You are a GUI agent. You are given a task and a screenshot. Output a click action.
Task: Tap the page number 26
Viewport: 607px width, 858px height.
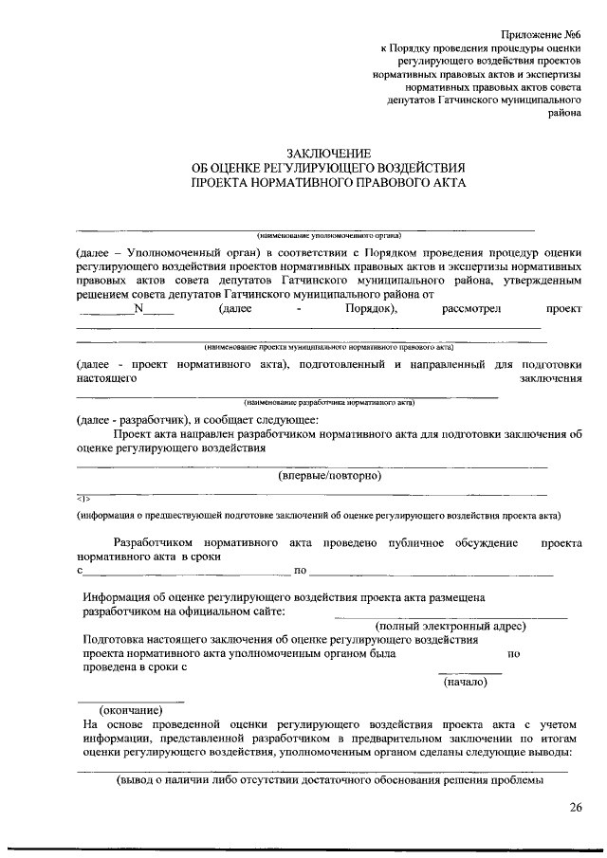pos(576,808)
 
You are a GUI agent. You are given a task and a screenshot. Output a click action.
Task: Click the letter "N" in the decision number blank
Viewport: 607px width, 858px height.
pos(138,308)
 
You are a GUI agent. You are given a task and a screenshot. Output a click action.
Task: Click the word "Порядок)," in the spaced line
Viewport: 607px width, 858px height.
pos(365,308)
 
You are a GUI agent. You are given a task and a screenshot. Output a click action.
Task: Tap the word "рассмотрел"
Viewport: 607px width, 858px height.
pos(471,308)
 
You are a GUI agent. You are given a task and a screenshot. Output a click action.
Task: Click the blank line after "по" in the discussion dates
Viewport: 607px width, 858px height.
pos(432,573)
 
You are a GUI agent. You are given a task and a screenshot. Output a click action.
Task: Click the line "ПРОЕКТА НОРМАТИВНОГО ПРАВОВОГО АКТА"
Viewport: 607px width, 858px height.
pos(328,183)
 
